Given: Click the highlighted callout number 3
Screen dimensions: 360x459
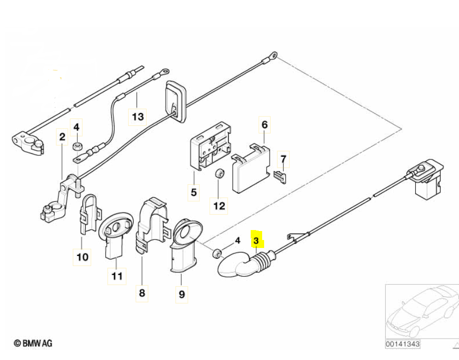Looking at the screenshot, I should click(x=256, y=241).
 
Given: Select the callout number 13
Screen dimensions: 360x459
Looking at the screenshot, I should click(x=138, y=117).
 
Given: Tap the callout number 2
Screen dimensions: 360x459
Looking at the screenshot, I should click(x=62, y=136).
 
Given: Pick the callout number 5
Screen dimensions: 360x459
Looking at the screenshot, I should click(x=193, y=191).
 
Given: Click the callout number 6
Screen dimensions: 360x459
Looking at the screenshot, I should click(x=265, y=124).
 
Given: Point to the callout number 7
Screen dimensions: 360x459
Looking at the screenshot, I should click(x=284, y=159).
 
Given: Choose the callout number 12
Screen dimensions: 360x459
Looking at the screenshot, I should click(x=219, y=205).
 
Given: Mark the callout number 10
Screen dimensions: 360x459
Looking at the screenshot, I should click(x=82, y=257).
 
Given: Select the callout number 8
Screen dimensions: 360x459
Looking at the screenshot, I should click(x=142, y=293).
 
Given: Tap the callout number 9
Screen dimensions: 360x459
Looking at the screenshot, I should click(x=181, y=294).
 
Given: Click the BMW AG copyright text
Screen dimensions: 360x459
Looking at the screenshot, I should click(x=32, y=343).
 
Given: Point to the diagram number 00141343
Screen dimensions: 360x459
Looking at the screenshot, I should click(x=402, y=344).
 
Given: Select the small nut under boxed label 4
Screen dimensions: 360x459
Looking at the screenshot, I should click(x=77, y=147).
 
